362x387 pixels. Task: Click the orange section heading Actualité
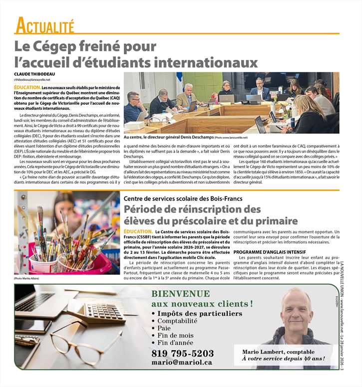(45, 24)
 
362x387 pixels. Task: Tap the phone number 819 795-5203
(182, 354)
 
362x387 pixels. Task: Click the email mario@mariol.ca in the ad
(182, 363)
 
